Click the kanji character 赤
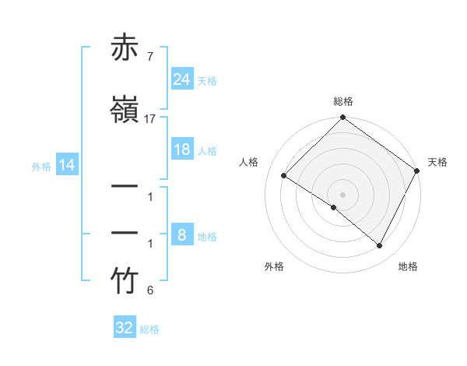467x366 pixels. (125, 48)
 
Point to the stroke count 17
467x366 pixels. (150, 119)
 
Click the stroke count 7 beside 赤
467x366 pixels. (149, 57)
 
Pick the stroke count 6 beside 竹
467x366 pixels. (149, 291)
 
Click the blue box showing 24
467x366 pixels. (181, 79)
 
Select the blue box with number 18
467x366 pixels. (181, 150)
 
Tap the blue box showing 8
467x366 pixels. (181, 236)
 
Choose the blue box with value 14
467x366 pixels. (67, 165)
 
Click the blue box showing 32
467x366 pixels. (124, 328)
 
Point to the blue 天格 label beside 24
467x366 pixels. (207, 80)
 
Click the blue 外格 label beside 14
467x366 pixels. (41, 166)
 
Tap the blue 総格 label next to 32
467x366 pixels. (149, 329)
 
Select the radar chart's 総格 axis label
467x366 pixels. (343, 101)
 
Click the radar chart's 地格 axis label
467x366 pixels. (408, 266)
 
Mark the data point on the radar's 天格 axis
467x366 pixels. (417, 171)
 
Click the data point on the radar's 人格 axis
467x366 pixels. (284, 176)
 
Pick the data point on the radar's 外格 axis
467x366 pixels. (334, 207)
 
